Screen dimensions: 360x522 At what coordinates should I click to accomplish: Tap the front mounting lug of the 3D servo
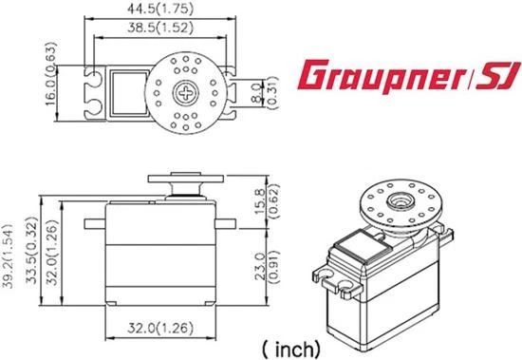tap(337, 279)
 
